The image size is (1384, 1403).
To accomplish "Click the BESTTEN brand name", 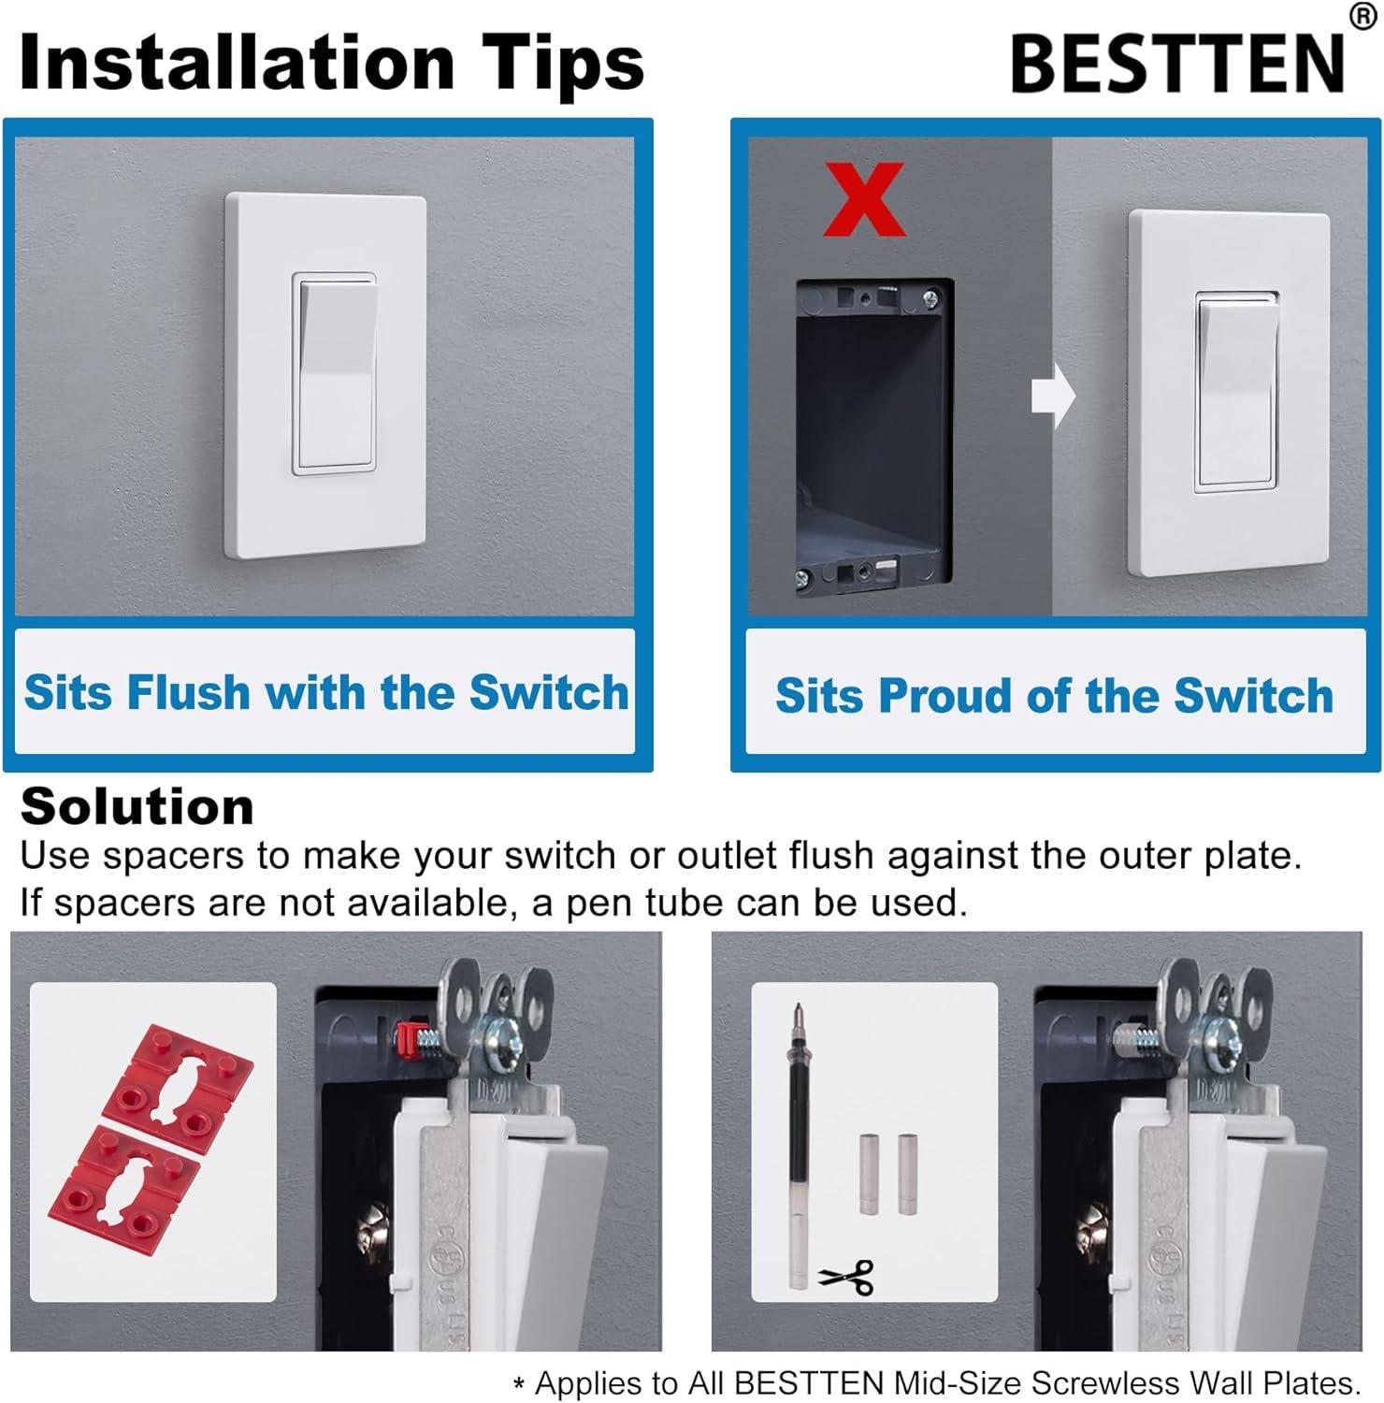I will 1177,63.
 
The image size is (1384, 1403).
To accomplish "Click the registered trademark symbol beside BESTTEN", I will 1362,17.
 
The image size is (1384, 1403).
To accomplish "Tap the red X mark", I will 863,199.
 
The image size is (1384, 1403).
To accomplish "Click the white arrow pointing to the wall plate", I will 1053,395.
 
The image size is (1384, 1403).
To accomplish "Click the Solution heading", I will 137,806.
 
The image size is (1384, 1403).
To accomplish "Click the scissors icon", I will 846,1276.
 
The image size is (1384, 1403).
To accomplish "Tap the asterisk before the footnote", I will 519,1386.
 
